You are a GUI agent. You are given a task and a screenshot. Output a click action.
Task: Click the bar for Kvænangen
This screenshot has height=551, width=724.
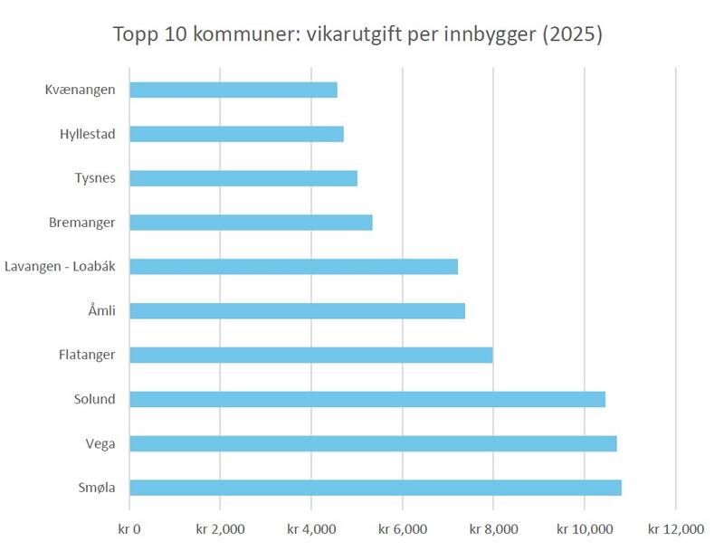(233, 90)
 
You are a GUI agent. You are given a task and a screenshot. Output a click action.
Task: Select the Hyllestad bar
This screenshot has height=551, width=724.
(236, 134)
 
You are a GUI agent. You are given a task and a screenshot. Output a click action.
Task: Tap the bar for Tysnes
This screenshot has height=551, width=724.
(243, 178)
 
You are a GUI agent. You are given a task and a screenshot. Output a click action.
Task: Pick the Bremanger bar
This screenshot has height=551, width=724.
(252, 223)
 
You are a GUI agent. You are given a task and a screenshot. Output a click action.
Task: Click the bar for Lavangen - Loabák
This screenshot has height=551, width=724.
(293, 267)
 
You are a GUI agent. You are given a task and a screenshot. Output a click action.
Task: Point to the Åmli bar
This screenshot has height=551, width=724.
(298, 311)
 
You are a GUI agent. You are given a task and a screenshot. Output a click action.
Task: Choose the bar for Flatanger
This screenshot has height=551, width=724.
(311, 356)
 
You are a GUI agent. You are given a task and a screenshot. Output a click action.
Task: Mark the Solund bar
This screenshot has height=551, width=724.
(367, 400)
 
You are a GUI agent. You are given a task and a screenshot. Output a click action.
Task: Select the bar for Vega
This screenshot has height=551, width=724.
(373, 444)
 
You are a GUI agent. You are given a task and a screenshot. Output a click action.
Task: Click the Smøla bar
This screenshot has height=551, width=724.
(376, 488)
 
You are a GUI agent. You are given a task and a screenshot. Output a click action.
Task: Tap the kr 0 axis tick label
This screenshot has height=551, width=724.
(129, 529)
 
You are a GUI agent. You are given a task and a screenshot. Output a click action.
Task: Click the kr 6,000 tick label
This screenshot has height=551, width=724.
(403, 529)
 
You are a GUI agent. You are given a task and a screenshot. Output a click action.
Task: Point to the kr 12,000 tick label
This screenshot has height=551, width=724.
(676, 529)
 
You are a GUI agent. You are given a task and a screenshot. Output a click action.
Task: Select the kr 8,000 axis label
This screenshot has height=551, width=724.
(493, 529)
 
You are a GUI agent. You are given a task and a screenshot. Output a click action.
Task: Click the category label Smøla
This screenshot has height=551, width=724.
(97, 488)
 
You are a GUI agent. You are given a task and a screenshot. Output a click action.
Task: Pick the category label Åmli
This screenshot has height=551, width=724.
(101, 309)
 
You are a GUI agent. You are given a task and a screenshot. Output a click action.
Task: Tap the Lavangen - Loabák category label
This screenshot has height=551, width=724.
(60, 266)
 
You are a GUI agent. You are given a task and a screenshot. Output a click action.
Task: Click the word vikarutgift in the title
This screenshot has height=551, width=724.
(354, 34)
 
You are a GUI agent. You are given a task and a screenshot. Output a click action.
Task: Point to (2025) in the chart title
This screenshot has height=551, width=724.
(572, 34)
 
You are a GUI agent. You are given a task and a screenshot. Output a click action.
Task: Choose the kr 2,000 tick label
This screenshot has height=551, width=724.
(220, 529)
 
